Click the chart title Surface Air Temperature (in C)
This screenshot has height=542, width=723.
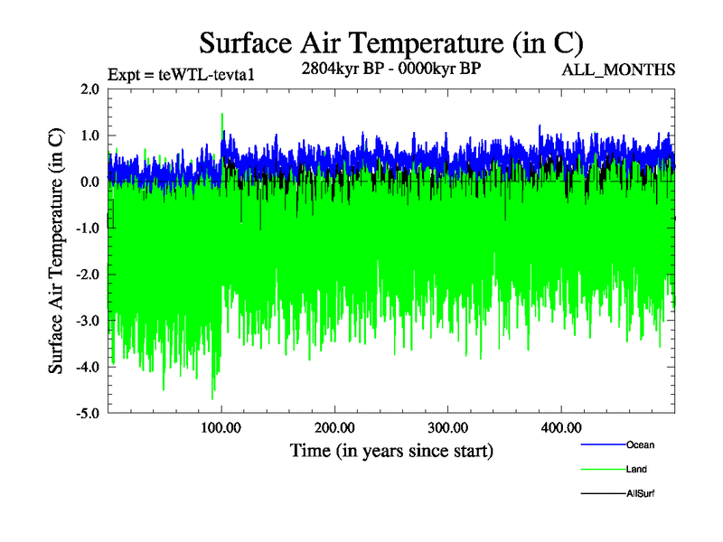391,42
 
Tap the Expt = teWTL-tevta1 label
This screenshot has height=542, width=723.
181,74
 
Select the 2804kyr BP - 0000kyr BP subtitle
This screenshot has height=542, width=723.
390,69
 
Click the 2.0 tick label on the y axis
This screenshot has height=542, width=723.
90,89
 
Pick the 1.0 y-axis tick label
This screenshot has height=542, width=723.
90,135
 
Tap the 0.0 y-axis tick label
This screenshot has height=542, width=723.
90,182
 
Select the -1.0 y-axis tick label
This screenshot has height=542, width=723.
89,228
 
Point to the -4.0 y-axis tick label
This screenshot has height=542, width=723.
89,367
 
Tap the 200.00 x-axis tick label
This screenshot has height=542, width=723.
335,427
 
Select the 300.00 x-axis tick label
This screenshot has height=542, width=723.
448,427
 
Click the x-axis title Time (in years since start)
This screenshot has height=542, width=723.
391,450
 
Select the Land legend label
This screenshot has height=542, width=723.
636,470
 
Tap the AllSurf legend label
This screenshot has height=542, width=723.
641,494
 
